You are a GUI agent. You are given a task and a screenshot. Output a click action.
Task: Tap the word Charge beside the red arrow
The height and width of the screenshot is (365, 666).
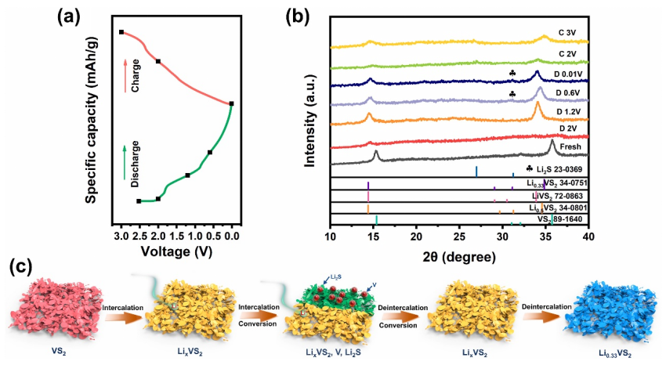[136, 79]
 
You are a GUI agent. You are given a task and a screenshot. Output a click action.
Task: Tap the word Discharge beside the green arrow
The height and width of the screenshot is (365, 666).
[136, 167]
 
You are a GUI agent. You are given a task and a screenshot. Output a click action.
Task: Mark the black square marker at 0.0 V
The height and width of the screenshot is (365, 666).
[231, 103]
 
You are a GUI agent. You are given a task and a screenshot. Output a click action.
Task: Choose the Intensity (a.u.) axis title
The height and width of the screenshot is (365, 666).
[309, 118]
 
